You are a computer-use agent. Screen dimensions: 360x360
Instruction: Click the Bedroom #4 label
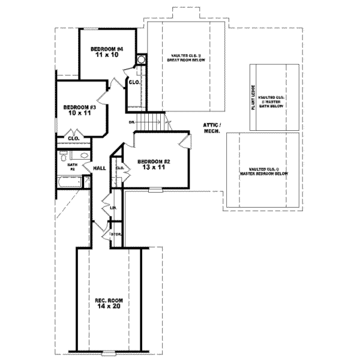(107, 49)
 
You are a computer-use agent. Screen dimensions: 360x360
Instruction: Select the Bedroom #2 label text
(154, 161)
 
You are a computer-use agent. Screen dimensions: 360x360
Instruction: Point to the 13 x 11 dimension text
(154, 168)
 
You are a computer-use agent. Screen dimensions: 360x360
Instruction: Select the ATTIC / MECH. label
(212, 127)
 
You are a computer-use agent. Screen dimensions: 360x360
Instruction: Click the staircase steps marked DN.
(153, 122)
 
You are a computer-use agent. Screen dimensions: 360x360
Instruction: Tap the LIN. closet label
(112, 208)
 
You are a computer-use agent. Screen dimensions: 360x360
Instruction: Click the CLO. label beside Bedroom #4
(134, 82)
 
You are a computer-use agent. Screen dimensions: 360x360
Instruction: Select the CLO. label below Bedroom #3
(74, 139)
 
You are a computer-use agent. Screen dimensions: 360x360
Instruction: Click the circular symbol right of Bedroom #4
(142, 59)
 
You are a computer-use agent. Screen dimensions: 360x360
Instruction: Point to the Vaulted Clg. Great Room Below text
(187, 59)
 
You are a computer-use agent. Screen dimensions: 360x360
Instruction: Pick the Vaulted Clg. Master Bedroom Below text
(264, 172)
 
